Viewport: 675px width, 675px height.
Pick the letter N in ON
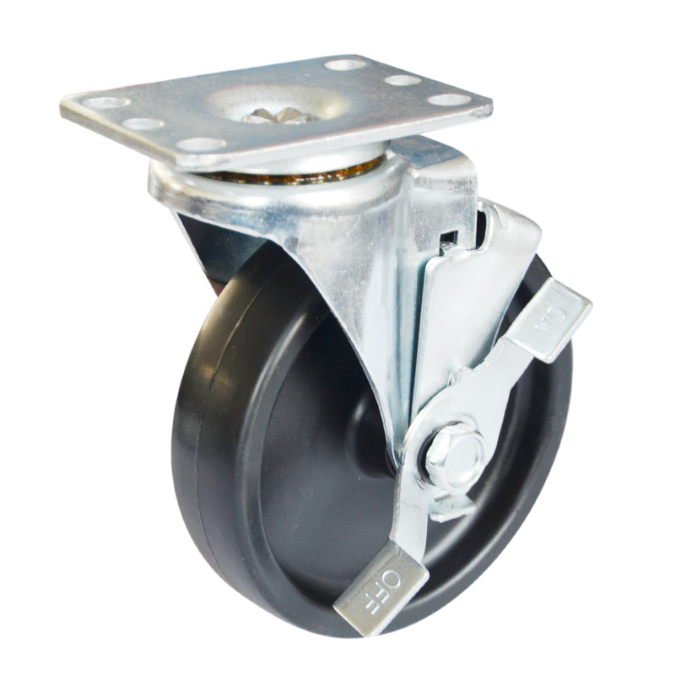pos(546,332)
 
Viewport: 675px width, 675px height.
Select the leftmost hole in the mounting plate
pos(109,103)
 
